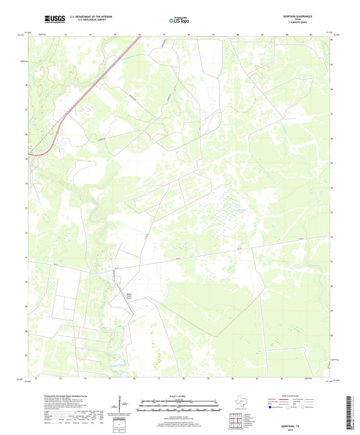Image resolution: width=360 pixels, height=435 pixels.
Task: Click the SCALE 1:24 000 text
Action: pos(180,395)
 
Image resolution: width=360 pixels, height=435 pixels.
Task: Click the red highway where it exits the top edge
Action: pos(140,36)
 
